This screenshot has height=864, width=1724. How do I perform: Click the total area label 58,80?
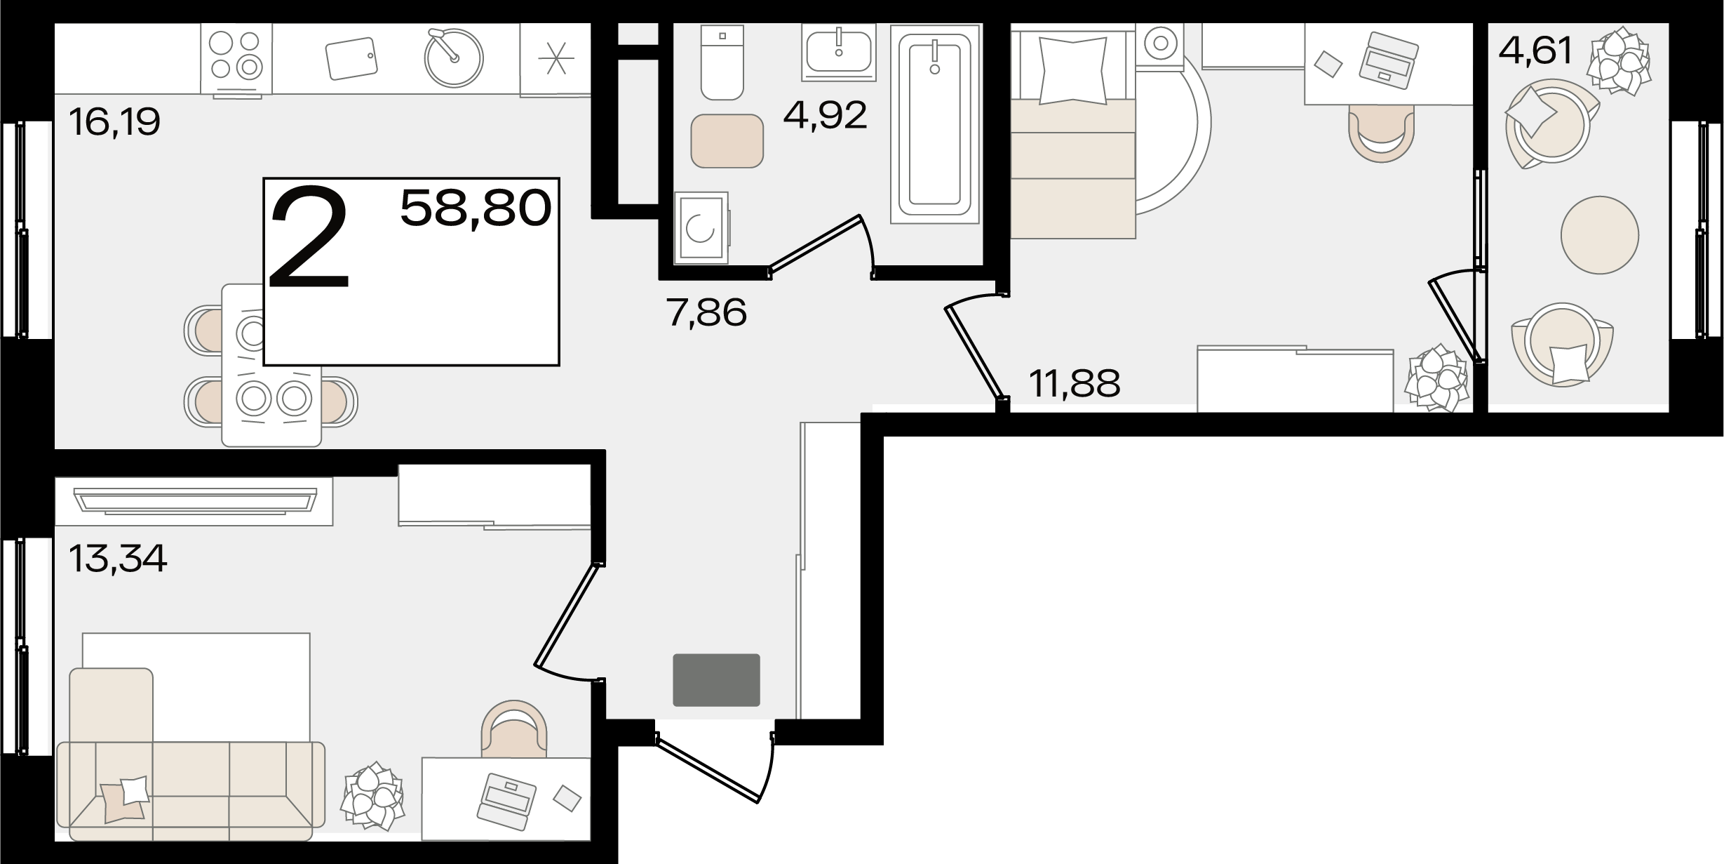[x=476, y=208]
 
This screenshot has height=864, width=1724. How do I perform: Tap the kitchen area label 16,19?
[x=115, y=122]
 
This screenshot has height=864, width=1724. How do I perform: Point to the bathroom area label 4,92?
[x=826, y=115]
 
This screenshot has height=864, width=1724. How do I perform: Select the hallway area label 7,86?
[x=707, y=312]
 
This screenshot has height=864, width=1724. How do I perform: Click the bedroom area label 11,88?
[x=1075, y=383]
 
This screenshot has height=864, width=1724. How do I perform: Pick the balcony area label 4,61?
[x=1536, y=51]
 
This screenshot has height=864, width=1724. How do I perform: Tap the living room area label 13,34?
[x=118, y=559]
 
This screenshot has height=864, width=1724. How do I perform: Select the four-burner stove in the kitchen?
[x=236, y=59]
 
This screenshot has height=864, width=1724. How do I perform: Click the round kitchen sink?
[x=454, y=58]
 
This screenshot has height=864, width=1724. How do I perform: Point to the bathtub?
[x=934, y=124]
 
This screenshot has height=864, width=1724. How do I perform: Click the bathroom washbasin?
[x=839, y=51]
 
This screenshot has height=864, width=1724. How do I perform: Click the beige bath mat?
[x=727, y=141]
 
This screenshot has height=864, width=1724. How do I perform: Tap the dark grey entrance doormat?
[x=717, y=680]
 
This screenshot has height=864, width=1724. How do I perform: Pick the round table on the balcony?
[x=1600, y=234]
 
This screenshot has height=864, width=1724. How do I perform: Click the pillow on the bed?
[x=1073, y=71]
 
